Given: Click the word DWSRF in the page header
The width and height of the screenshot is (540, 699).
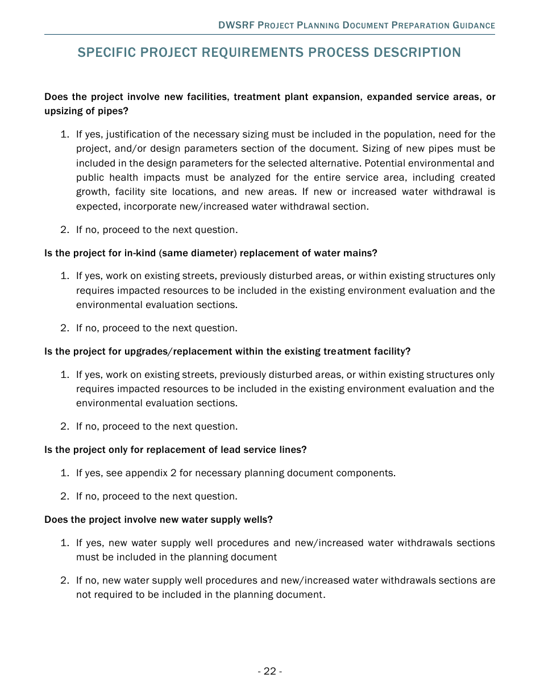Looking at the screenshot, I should [237, 26].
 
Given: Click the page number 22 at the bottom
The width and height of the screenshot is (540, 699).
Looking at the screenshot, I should [269, 671].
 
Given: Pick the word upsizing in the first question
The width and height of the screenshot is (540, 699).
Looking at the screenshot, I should [63, 111].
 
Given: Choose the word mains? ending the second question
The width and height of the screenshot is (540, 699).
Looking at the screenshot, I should [360, 253].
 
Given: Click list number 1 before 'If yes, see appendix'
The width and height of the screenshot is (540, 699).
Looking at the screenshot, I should [64, 473].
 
